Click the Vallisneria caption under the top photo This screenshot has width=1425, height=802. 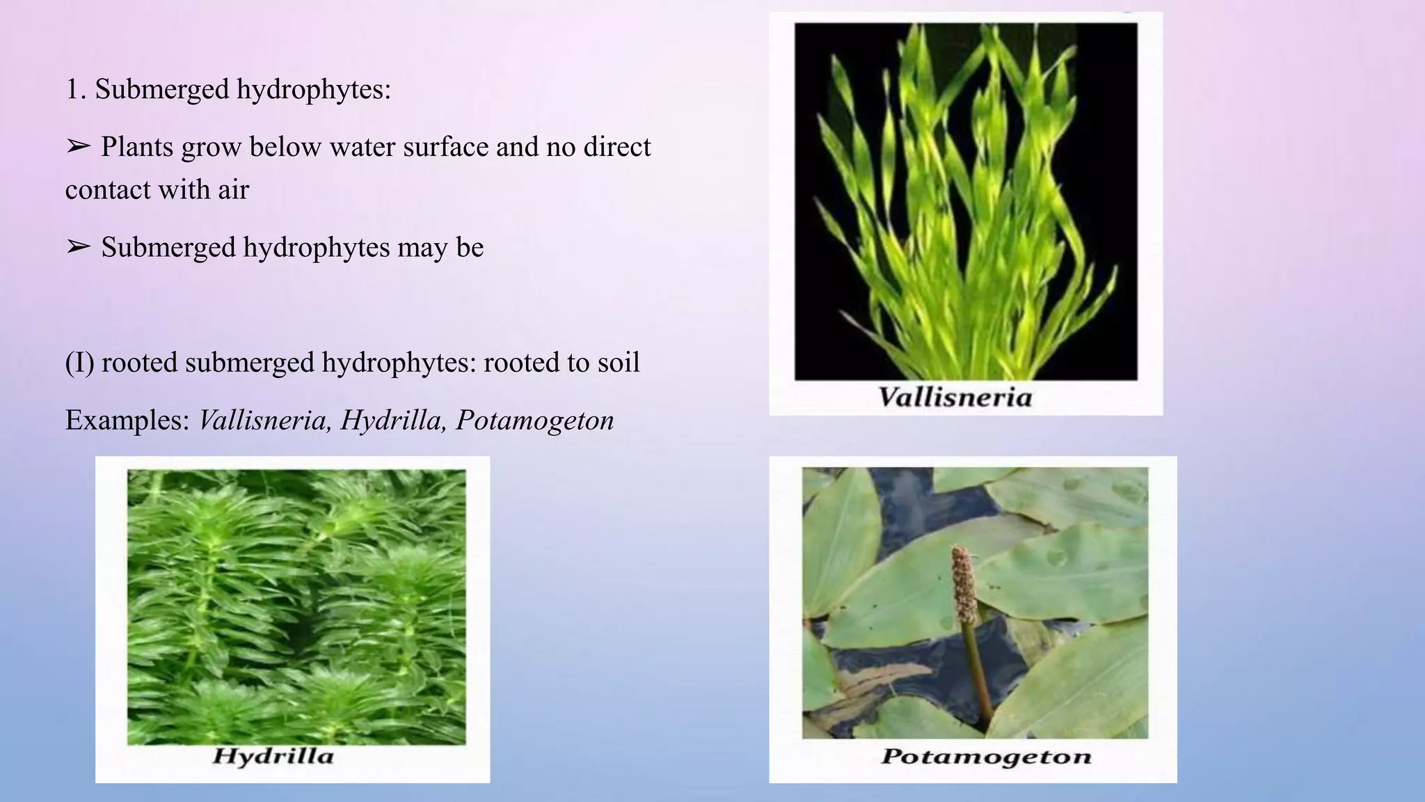(x=955, y=398)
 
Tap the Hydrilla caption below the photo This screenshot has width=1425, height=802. (x=273, y=757)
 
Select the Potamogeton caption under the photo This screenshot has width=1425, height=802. (x=986, y=757)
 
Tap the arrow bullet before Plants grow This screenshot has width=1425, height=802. (x=79, y=146)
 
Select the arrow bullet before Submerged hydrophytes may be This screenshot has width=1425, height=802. (x=79, y=246)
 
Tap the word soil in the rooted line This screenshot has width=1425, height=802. (x=618, y=363)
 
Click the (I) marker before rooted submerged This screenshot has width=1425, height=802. (x=79, y=363)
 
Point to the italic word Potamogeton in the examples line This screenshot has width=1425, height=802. (x=534, y=420)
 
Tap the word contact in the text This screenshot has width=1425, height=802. (x=108, y=189)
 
